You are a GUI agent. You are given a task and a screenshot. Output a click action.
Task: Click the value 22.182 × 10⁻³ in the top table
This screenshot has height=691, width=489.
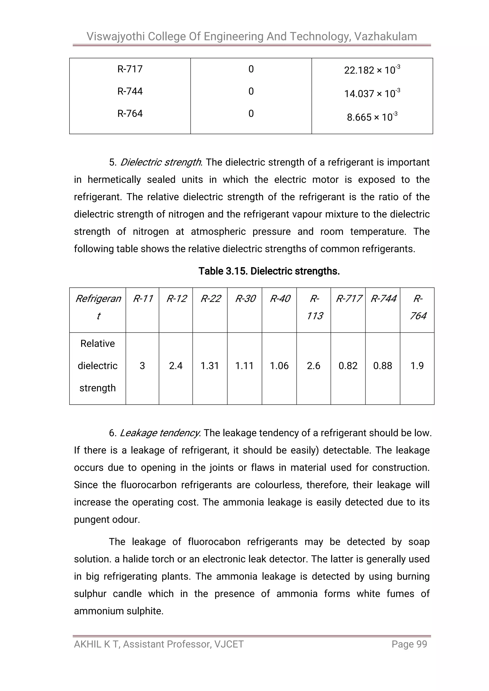[372, 70]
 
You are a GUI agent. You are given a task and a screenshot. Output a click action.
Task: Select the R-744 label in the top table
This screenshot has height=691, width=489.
[130, 91]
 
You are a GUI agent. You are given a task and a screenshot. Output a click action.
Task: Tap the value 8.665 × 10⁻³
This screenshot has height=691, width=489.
[372, 117]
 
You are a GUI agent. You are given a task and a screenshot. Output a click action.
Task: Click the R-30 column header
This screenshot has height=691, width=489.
[245, 299]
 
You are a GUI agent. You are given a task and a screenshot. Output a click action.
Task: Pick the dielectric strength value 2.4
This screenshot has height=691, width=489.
[175, 366]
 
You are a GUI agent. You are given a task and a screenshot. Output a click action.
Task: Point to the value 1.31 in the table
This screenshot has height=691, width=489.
[210, 366]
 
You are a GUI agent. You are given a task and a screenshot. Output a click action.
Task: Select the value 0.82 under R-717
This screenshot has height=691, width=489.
[348, 366]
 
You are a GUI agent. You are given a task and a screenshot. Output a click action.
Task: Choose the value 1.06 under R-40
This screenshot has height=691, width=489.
[279, 366]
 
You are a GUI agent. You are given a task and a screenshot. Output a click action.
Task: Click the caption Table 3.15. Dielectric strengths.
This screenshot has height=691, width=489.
[269, 271]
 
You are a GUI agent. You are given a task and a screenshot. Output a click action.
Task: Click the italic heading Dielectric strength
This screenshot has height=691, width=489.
[161, 163]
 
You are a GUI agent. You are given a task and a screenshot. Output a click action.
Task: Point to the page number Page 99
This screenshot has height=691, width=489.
[409, 644]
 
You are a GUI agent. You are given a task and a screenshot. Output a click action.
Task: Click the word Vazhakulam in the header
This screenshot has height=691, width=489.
[385, 37]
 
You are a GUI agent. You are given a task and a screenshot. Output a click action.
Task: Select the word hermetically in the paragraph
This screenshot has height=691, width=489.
[114, 180]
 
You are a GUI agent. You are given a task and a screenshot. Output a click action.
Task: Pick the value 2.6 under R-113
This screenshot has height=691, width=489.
[314, 366]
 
